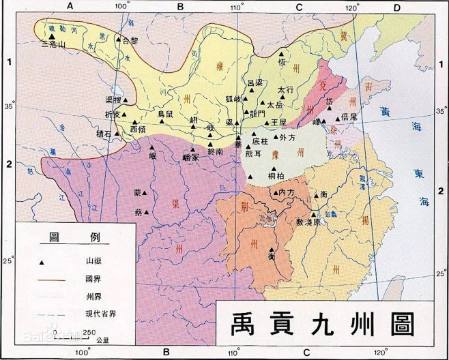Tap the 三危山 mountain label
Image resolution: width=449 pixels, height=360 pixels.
point(54,44)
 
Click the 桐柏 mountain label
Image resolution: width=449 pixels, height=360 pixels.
point(276,177)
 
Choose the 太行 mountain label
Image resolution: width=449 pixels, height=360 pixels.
point(286,89)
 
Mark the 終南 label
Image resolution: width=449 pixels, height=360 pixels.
point(215,152)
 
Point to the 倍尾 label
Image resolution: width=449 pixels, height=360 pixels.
point(349,117)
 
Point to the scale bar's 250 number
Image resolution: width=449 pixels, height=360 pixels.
point(87,332)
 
